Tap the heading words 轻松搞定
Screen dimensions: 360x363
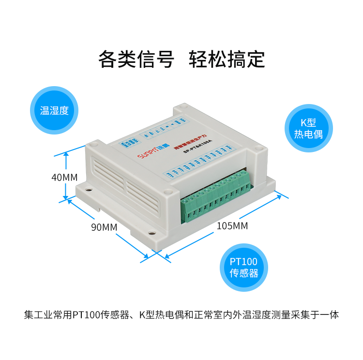point(227,59)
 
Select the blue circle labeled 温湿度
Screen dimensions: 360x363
point(54,110)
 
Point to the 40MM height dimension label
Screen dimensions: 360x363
point(64,177)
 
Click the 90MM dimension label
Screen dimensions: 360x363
point(104,226)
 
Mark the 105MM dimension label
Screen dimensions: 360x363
point(232,226)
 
